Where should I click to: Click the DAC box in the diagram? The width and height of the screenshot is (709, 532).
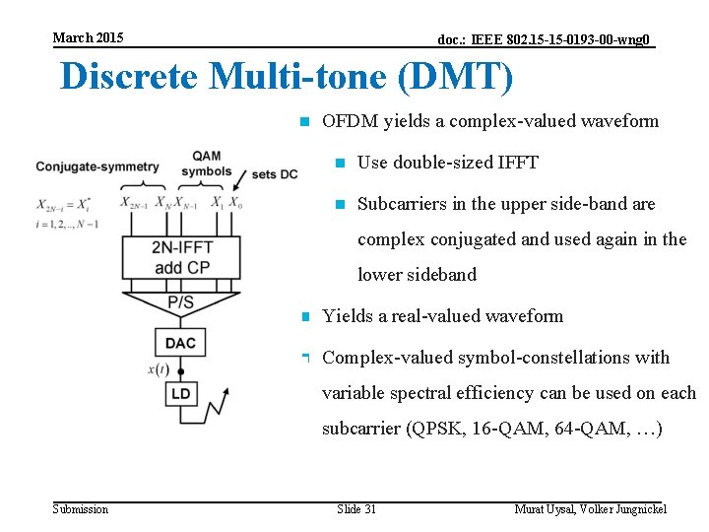click(x=180, y=343)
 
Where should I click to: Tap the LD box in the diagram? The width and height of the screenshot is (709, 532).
click(x=181, y=394)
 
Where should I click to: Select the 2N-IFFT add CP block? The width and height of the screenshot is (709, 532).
click(x=181, y=257)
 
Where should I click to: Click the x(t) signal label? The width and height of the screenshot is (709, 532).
click(x=159, y=369)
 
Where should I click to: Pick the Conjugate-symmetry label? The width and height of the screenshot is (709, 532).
click(x=97, y=166)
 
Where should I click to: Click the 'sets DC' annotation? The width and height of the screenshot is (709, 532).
click(x=275, y=173)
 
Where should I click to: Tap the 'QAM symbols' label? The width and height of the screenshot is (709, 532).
click(x=206, y=164)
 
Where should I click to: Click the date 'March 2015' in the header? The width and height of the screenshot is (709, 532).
click(x=88, y=37)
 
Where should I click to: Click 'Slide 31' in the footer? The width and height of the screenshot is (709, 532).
click(x=356, y=508)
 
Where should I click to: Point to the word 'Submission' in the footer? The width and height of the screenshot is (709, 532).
click(x=81, y=508)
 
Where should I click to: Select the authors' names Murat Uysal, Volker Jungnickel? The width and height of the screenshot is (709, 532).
click(x=591, y=508)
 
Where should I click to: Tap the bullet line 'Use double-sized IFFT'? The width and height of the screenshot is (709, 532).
click(x=447, y=163)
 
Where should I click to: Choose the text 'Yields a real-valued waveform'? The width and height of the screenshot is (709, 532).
click(x=443, y=316)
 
